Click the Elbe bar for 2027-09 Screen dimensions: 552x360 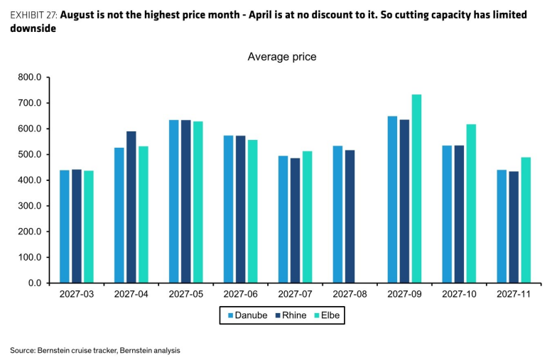(416, 189)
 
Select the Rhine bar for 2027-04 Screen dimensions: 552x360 (131, 207)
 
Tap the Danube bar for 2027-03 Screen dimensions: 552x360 (65, 227)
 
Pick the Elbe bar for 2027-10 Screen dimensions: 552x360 (471, 203)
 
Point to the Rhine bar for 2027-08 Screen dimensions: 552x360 (350, 217)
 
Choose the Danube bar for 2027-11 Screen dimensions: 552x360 (502, 227)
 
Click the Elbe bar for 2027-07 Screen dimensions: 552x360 (308, 217)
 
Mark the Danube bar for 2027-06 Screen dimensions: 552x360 (229, 209)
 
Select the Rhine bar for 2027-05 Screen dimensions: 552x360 (186, 202)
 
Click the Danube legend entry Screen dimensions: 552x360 (247, 315)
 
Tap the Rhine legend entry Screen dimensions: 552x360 (291, 315)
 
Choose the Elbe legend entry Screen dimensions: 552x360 (327, 315)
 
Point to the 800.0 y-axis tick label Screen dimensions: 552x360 (30, 77)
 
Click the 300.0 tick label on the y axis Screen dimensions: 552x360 (30, 206)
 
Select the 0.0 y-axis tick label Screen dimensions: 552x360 (35, 283)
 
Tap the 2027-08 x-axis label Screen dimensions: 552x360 (350, 294)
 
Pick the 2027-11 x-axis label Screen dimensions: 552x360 (514, 294)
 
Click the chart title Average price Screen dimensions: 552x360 (282, 57)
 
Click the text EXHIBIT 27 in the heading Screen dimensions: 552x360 (33, 15)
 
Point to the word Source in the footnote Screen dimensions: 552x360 (23, 351)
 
